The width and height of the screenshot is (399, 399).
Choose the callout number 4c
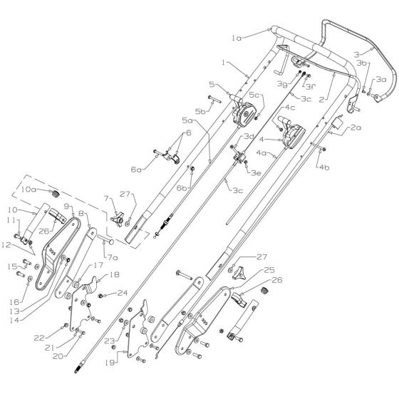(271, 108)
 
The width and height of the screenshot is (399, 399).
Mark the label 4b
(324, 167)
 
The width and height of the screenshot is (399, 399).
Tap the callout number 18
(114, 274)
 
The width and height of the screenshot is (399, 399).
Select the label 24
(123, 291)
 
